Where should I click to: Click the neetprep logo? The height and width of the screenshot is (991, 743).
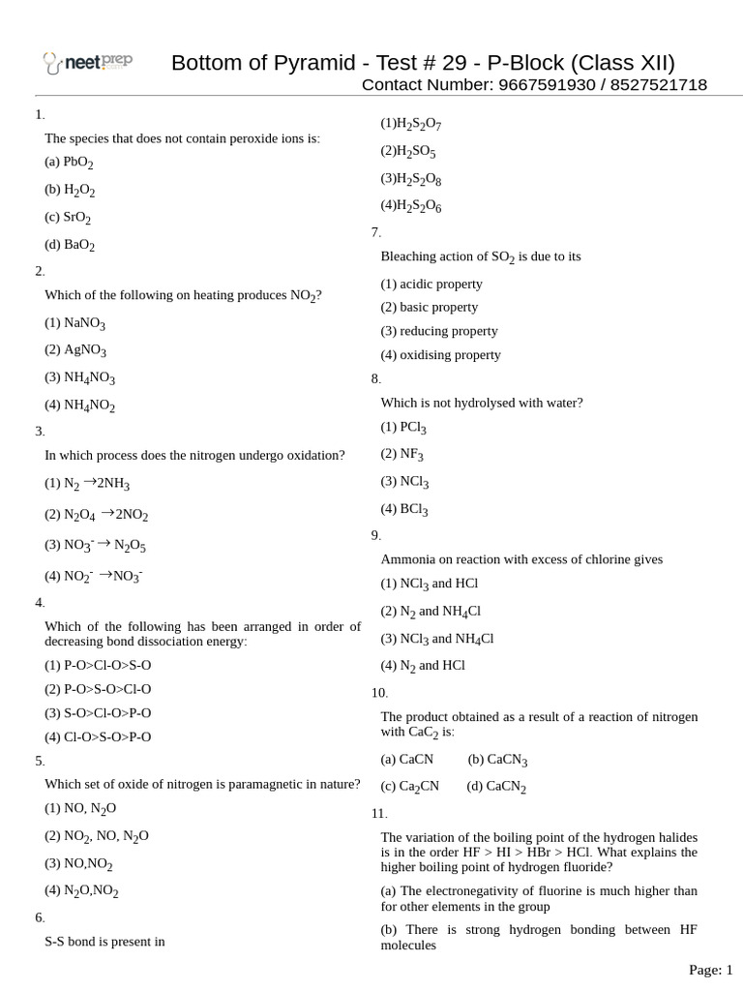click(87, 63)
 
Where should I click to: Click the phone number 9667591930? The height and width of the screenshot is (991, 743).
click(547, 85)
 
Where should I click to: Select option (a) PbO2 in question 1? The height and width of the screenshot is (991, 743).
click(69, 163)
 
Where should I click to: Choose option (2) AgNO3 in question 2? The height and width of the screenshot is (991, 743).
click(75, 350)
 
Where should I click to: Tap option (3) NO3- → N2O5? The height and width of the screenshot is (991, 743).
click(95, 545)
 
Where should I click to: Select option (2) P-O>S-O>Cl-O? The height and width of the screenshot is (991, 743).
click(98, 689)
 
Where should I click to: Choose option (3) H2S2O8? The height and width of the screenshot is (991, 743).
click(411, 179)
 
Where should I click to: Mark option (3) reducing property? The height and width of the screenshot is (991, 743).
click(438, 331)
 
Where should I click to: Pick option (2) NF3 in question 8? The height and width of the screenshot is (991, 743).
click(401, 453)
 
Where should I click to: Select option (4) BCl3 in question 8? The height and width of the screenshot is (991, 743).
click(404, 508)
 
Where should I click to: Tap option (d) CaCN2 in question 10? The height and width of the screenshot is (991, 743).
click(496, 787)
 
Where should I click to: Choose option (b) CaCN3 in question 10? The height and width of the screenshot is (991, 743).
click(497, 761)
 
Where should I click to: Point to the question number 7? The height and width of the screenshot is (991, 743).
click(375, 232)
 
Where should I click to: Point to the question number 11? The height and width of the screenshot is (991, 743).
click(378, 813)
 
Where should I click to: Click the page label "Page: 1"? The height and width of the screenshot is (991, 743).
click(710, 970)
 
